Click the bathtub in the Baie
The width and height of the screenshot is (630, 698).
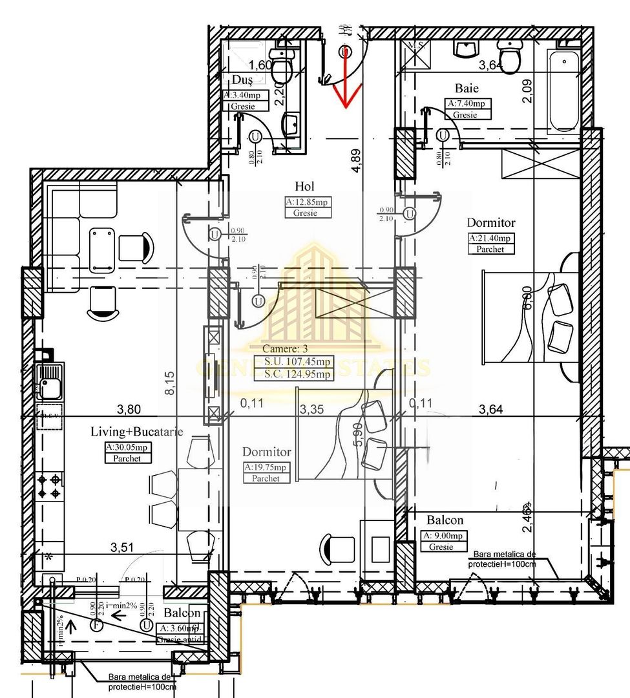[x=563, y=94]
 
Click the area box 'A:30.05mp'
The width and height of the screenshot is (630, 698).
[x=127, y=447]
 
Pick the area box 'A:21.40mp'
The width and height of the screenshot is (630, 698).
[x=491, y=238]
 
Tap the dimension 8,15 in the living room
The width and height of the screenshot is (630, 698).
[x=167, y=382]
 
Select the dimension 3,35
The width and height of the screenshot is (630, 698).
[x=311, y=408]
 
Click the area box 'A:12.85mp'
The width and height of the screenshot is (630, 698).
[x=307, y=202]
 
